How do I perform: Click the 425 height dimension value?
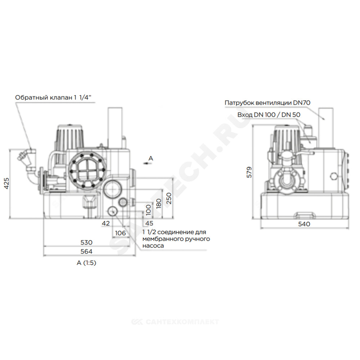pos(7,184)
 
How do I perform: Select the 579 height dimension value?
pos(249,172)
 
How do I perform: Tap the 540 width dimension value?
pos(304,224)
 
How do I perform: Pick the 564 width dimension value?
pos(86,251)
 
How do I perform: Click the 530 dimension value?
pos(86,242)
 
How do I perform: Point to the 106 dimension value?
pos(120,233)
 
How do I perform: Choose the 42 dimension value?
pos(105,223)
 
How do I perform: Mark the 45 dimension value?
pos(149,223)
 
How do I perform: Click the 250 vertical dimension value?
pos(169,198)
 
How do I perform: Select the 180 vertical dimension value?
pos(159,203)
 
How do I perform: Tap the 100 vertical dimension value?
pos(149,210)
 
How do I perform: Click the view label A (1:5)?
pos(86,263)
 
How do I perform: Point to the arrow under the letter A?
pos(146,163)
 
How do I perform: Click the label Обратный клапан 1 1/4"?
pos(53,98)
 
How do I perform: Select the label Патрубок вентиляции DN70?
pos(267,103)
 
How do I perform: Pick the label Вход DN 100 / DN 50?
pos(269,114)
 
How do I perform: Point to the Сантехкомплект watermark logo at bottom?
pos(175,322)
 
